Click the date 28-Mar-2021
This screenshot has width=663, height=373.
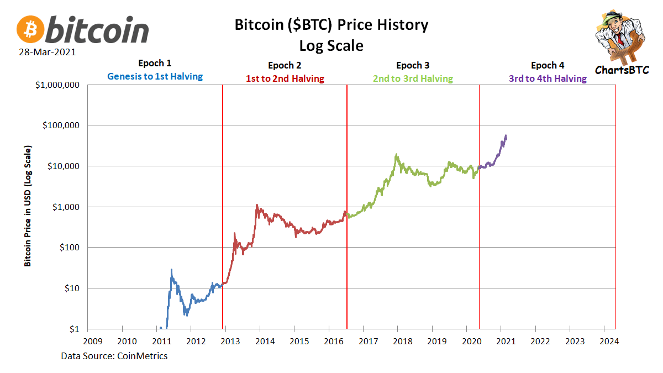46,52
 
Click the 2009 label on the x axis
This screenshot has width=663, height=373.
92,341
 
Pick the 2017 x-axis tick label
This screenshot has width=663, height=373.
368,341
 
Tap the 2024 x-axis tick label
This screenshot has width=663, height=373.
609,341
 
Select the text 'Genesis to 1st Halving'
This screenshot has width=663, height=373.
155,77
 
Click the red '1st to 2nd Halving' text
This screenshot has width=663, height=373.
285,78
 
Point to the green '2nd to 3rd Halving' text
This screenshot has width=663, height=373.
413,78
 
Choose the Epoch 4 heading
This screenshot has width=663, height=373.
548,65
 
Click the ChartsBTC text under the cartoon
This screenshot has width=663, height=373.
620,70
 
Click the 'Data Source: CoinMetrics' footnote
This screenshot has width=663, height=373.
114,356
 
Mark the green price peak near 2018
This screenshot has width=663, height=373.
397,155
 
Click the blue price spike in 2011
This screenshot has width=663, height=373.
171,270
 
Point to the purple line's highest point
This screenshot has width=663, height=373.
506,136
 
